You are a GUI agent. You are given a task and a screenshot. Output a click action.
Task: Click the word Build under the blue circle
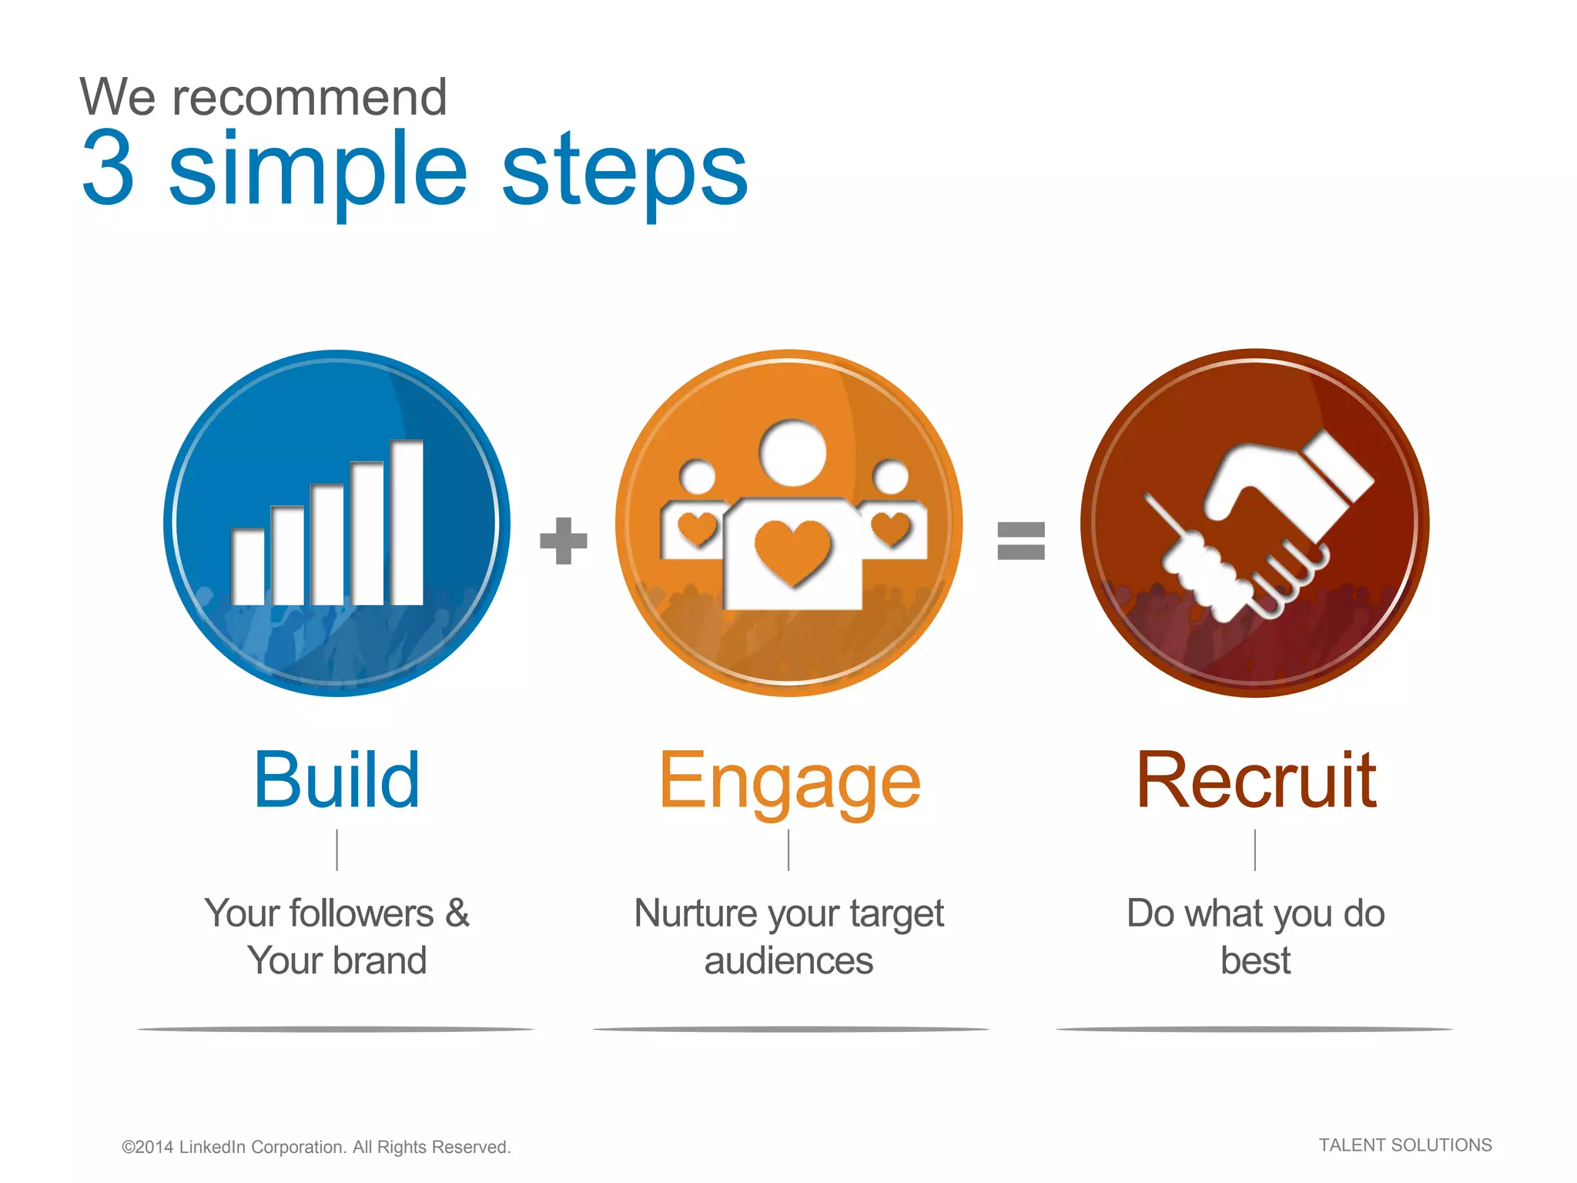337,780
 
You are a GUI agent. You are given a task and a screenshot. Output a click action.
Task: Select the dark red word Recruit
1256,780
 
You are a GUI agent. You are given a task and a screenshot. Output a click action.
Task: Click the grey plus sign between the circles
564,541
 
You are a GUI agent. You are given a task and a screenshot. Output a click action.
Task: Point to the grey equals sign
1021,541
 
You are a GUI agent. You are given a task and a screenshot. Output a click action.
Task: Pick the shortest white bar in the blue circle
248,567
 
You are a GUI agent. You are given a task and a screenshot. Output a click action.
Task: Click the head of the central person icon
792,453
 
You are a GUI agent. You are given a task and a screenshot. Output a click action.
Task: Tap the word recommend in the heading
309,98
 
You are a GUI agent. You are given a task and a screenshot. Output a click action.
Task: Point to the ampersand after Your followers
457,913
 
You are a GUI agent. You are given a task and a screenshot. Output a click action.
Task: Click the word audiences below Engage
788,961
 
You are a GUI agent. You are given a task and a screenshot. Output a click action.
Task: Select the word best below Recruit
1255,961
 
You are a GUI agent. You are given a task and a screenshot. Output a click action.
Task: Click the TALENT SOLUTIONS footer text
1405,1145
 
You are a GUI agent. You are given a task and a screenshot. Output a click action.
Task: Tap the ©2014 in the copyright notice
147,1147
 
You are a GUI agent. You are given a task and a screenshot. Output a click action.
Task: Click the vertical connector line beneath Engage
788,850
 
